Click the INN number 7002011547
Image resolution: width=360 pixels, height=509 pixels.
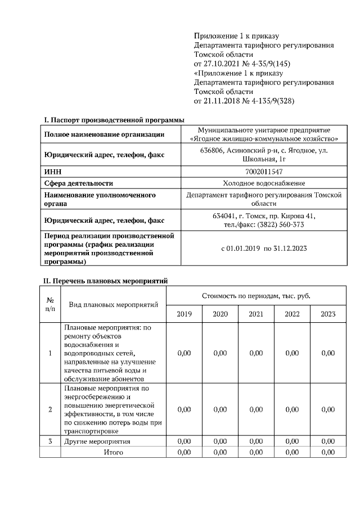click(264, 171)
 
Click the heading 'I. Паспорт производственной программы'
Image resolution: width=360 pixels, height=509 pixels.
click(114, 120)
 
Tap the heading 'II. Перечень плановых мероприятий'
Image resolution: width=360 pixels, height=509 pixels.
click(106, 281)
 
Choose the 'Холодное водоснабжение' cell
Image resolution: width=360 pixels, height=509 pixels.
click(264, 183)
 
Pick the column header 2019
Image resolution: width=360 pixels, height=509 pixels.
click(184, 314)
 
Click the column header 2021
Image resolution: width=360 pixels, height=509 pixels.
click(256, 314)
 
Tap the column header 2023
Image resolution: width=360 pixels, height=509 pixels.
click(328, 314)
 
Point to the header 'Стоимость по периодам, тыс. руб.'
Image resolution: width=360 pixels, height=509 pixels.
click(256, 295)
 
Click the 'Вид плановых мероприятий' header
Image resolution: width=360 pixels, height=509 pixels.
click(113, 304)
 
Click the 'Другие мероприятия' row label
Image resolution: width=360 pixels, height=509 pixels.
click(97, 442)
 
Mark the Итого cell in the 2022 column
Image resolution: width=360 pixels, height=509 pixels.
click(292, 452)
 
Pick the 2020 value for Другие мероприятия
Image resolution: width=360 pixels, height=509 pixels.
click(220, 442)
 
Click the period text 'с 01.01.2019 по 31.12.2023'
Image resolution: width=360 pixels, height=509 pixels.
click(264, 247)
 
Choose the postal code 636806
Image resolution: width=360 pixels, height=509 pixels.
click(212, 150)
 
